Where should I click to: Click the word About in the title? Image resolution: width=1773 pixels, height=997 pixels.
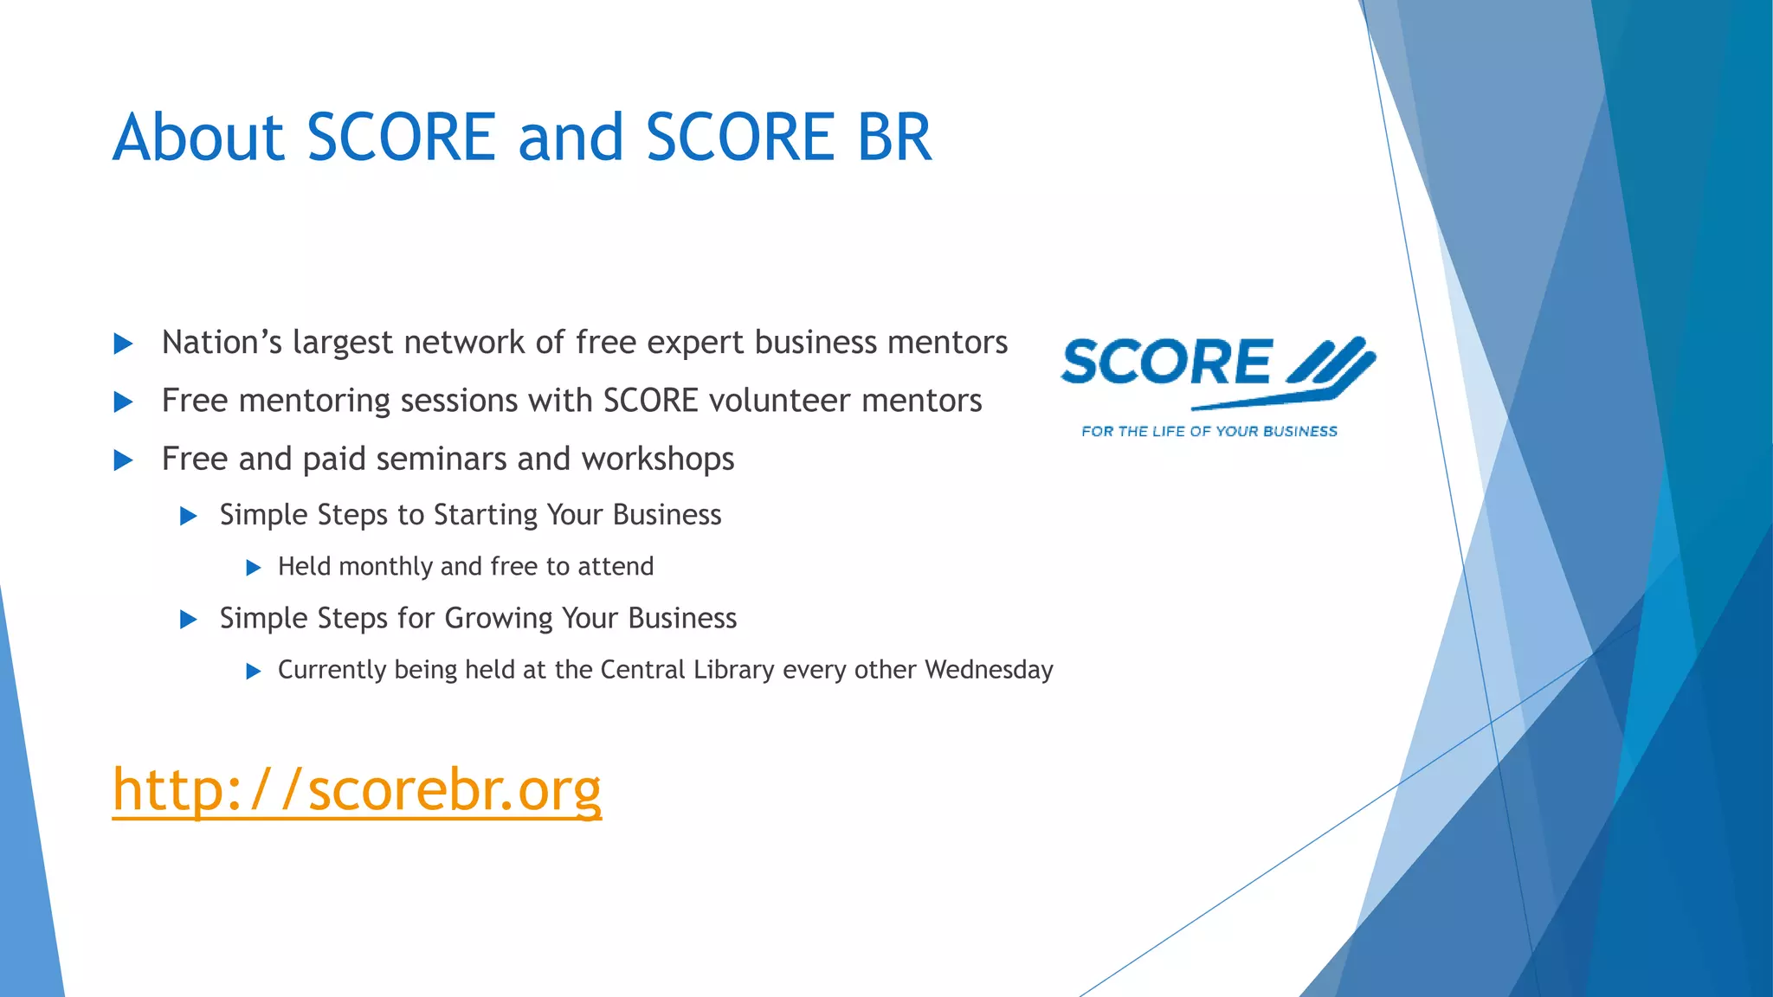click(x=198, y=138)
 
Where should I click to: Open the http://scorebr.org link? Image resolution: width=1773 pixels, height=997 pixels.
click(x=357, y=789)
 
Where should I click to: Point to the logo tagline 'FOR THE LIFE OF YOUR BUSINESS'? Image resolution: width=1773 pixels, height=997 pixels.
click(x=1209, y=431)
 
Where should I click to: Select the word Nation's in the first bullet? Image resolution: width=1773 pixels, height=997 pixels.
click(x=222, y=343)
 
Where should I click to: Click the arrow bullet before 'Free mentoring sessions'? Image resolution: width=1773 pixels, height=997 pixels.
click(x=124, y=402)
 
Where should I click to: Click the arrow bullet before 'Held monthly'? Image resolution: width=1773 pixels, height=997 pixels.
click(x=254, y=568)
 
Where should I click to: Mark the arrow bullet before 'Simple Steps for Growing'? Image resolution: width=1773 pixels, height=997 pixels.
click(x=189, y=620)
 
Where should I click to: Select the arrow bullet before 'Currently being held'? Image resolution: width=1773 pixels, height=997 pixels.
click(x=254, y=672)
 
